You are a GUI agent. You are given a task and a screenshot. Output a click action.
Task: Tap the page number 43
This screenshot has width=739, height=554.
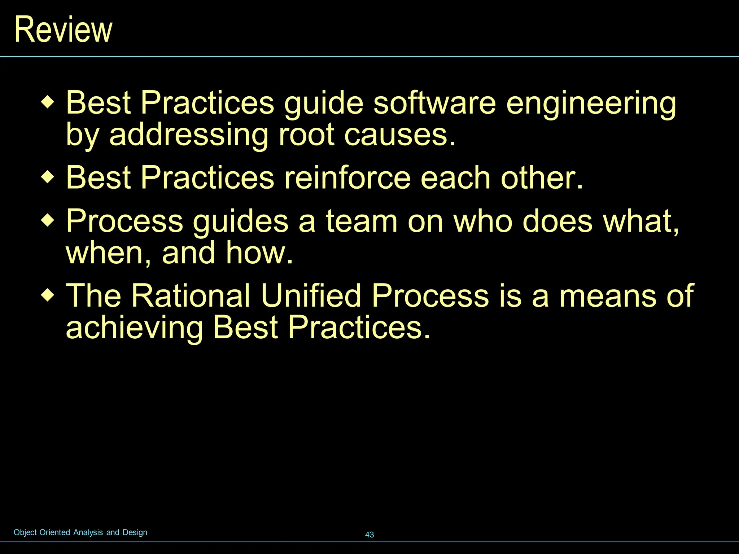(369, 535)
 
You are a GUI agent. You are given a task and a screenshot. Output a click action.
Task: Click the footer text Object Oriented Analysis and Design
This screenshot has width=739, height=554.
(80, 532)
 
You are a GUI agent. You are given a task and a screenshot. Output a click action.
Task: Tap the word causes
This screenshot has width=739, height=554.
(400, 135)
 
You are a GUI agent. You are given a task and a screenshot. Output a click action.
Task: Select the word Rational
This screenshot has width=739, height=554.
(190, 295)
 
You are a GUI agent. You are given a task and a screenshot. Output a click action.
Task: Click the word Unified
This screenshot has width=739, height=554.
(311, 295)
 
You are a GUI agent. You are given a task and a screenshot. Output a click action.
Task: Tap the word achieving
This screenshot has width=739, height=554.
(135, 328)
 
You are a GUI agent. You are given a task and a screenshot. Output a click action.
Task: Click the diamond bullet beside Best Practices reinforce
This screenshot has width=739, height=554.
(47, 177)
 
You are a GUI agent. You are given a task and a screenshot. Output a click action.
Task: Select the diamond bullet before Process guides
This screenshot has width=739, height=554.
(47, 220)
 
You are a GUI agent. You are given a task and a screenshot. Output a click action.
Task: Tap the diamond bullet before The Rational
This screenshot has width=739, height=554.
(47, 295)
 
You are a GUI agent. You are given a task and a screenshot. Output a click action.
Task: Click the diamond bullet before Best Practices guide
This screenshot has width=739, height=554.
(47, 102)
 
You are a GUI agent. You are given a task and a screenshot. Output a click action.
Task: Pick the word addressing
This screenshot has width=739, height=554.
(189, 135)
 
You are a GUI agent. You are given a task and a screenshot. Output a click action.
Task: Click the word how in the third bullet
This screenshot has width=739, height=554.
(259, 253)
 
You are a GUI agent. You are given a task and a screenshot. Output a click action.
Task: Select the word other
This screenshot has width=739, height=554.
(541, 177)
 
